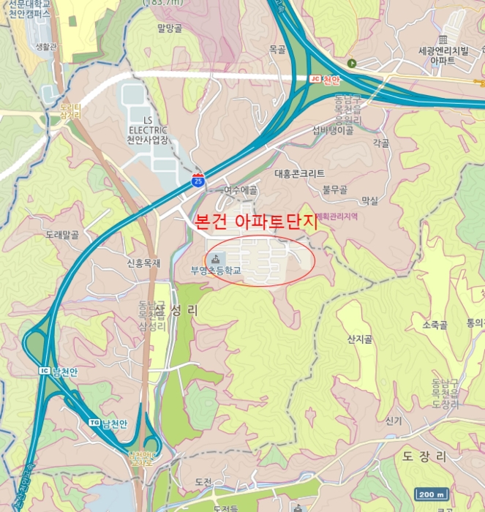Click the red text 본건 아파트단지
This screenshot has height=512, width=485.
click(x=257, y=223)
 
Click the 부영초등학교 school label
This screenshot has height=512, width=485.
click(x=216, y=270)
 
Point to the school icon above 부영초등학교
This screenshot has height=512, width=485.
click(x=217, y=258)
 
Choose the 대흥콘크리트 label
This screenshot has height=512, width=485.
click(x=299, y=174)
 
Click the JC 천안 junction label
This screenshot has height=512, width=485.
click(x=326, y=79)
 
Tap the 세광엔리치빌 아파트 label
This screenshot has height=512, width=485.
click(x=442, y=56)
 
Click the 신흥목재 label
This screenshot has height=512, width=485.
click(x=143, y=263)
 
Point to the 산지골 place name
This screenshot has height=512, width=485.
click(x=361, y=339)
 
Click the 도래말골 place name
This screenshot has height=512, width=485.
click(x=61, y=235)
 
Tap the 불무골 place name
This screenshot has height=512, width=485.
click(x=334, y=189)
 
